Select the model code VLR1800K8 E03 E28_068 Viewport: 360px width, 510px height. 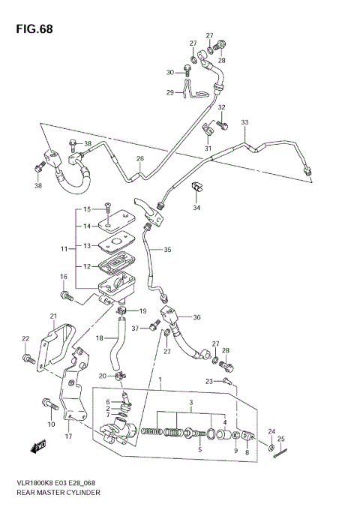(61, 483)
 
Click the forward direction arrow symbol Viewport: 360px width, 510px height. (37, 448)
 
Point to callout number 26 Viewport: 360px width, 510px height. (139, 159)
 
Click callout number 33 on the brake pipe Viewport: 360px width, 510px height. (244, 122)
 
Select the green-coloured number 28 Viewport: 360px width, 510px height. (226, 350)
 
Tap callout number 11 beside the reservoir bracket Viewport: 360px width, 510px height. (64, 247)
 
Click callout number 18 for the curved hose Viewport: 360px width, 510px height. (99, 339)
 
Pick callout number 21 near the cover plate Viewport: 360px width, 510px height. (53, 316)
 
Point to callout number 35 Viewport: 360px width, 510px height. (167, 250)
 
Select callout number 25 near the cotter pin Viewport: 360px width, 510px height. (281, 439)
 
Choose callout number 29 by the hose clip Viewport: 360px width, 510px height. (170, 92)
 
